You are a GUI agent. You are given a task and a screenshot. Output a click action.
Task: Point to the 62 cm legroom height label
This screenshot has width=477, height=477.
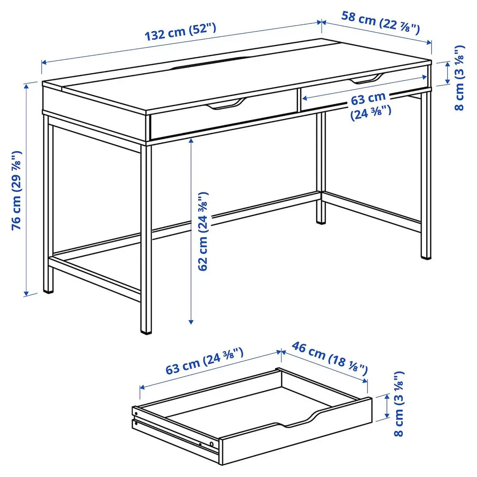(x=203, y=231)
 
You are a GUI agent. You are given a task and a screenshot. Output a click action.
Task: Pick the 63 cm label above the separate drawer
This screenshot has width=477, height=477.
(x=204, y=361)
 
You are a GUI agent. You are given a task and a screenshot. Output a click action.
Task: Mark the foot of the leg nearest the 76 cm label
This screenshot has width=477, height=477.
(x=47, y=291)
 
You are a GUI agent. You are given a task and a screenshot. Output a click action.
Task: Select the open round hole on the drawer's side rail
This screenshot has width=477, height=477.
(x=212, y=443)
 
